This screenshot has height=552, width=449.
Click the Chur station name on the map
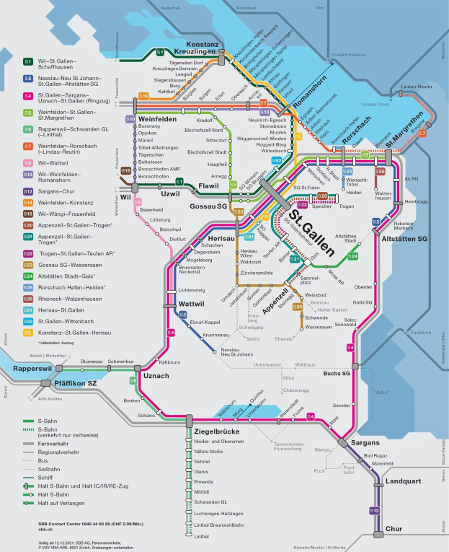click(x=394, y=530)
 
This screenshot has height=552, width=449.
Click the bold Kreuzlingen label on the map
click(x=193, y=53)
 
